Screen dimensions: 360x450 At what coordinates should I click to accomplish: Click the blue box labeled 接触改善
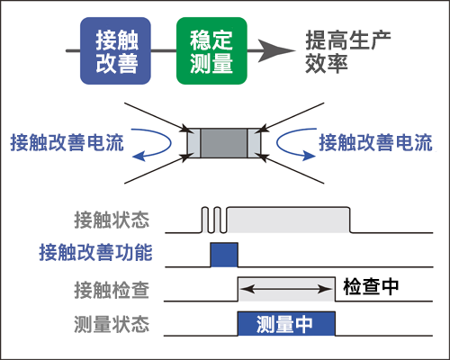[x=115, y=52]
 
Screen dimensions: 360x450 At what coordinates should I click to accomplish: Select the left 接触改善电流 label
[x=67, y=142]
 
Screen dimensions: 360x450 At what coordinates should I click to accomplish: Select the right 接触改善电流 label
[x=375, y=142]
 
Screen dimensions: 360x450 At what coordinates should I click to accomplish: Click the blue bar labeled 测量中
[x=285, y=324]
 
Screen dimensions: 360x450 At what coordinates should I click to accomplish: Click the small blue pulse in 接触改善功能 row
[x=223, y=255]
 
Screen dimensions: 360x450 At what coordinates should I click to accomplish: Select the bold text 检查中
[x=371, y=287]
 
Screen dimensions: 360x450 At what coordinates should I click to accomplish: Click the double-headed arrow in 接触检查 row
[x=285, y=288]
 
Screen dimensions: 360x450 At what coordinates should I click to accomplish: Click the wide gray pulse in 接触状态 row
[x=288, y=220]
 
